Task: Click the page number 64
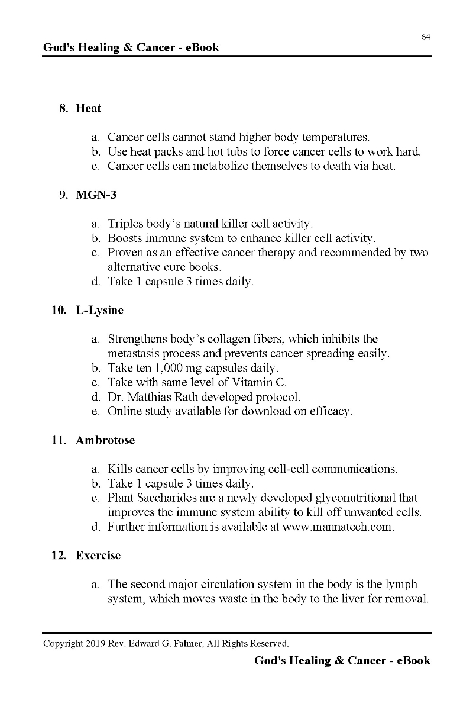425,37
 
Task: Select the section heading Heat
88,108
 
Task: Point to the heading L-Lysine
99,309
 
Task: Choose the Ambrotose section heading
105,440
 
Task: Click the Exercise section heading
98,555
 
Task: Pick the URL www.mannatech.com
338,527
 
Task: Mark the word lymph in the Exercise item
401,584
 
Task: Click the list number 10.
58,309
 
